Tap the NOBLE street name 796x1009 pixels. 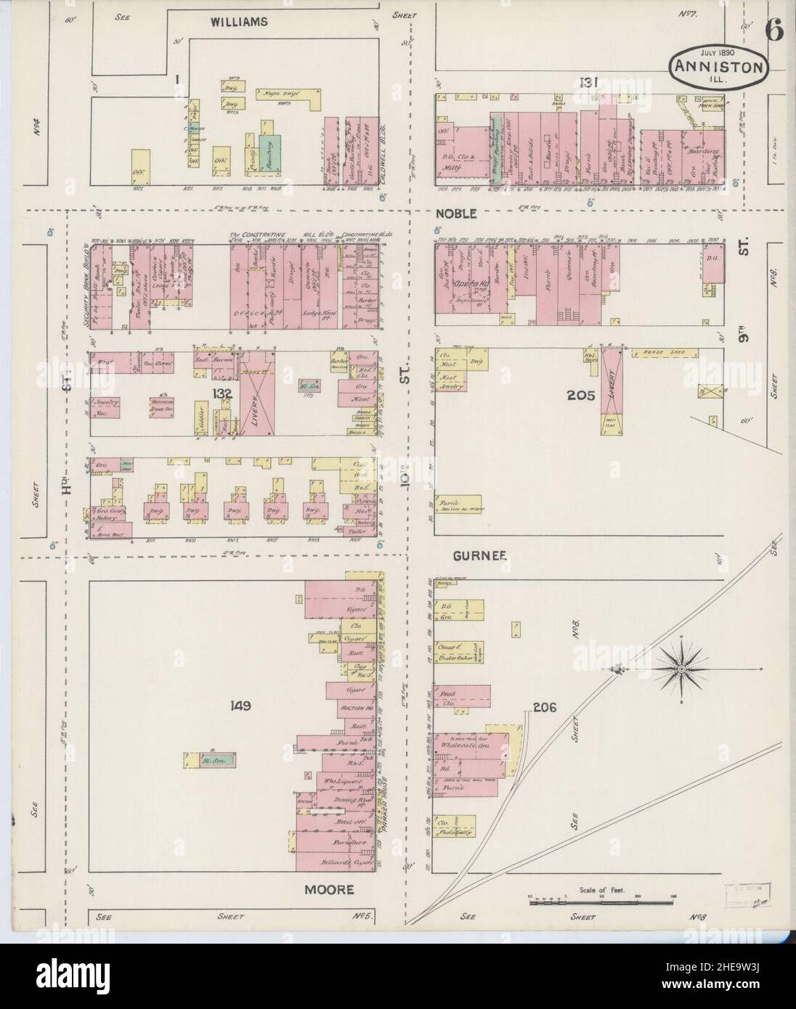click(457, 213)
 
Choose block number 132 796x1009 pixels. click(222, 393)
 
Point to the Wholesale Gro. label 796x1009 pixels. click(466, 743)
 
